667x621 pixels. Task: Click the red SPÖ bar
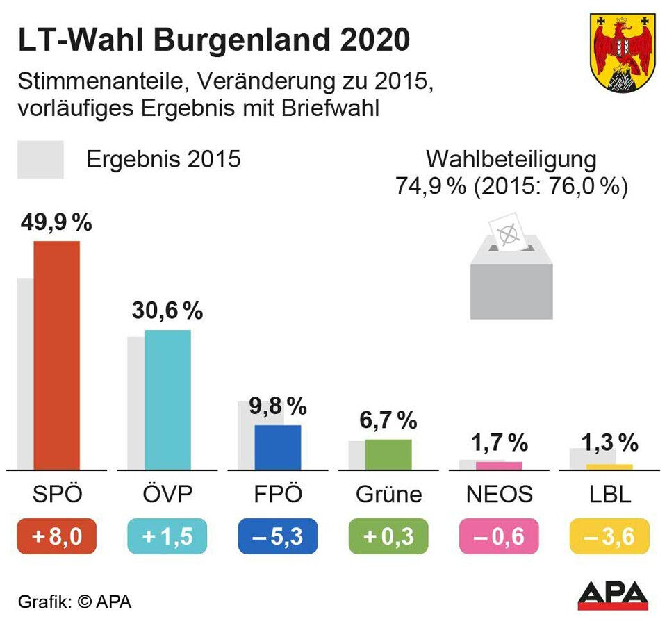click(57, 356)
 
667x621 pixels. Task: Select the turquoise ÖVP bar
click(167, 400)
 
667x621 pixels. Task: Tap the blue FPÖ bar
click(278, 447)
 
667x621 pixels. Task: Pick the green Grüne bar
click(388, 454)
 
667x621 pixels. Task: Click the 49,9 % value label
click(57, 223)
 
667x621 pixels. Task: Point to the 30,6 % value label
click(167, 311)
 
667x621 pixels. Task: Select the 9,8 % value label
click(278, 406)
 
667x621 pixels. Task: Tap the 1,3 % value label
click(609, 442)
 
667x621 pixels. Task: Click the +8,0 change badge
click(57, 537)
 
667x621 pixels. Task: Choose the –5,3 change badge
click(278, 537)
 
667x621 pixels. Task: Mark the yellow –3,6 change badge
click(609, 537)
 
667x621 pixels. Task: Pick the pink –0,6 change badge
click(499, 537)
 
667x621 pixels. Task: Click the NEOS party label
click(499, 494)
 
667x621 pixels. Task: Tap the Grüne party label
click(388, 494)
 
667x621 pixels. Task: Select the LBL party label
click(609, 494)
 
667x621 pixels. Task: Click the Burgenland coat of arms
click(623, 51)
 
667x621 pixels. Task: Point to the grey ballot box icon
click(511, 278)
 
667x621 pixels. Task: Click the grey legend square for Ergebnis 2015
click(40, 160)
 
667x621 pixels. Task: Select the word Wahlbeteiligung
click(511, 159)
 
